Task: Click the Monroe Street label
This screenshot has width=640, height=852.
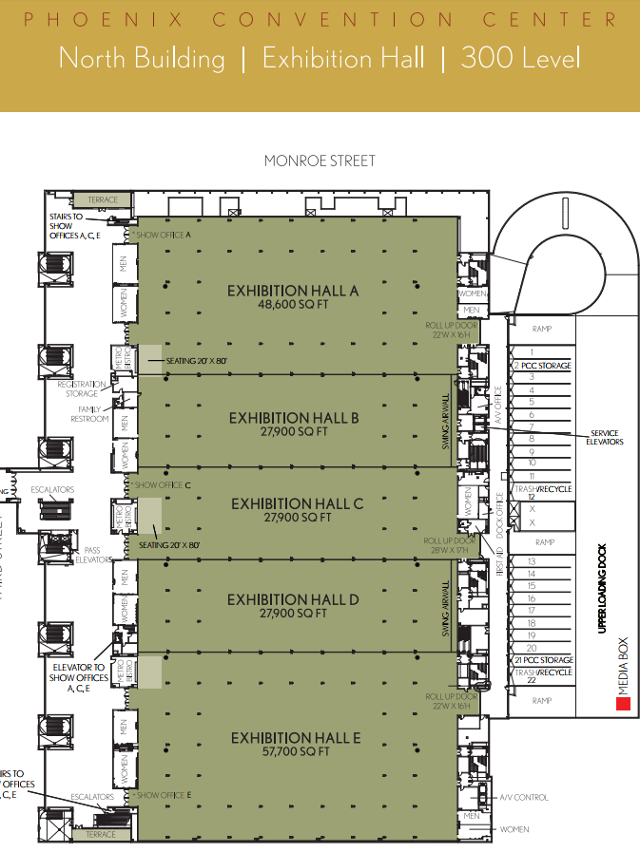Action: (320, 161)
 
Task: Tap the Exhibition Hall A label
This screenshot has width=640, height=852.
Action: (293, 291)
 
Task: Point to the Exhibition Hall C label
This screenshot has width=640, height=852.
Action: (297, 503)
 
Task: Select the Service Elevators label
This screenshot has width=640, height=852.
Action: (603, 437)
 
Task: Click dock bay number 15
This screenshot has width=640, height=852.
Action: (532, 586)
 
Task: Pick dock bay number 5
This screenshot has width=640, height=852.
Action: (532, 402)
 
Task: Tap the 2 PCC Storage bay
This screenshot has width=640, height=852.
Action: (541, 365)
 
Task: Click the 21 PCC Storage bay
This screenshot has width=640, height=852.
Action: (542, 659)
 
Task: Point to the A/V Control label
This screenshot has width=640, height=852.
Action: (523, 797)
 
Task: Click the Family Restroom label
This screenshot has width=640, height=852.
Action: (93, 414)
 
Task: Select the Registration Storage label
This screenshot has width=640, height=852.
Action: (82, 388)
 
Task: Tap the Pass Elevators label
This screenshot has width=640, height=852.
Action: (91, 555)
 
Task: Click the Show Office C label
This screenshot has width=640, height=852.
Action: (164, 485)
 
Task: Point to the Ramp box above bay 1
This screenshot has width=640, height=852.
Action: (541, 329)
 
